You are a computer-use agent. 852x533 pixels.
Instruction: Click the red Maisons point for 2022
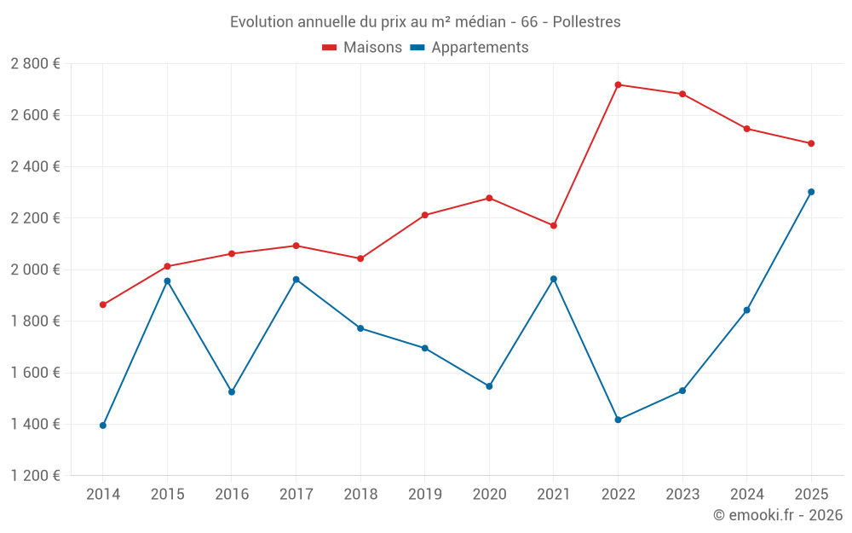pyautogui.click(x=618, y=84)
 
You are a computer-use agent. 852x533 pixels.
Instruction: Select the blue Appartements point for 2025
pyautogui.click(x=811, y=192)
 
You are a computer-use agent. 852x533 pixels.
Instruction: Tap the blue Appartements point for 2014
pyautogui.click(x=103, y=426)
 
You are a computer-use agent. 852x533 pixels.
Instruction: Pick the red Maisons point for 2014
pyautogui.click(x=103, y=304)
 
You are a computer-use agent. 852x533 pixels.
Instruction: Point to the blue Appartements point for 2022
pyautogui.click(x=618, y=420)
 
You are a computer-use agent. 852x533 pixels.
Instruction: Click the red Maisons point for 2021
pyautogui.click(x=554, y=226)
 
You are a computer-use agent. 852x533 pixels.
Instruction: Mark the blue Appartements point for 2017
pyautogui.click(x=296, y=280)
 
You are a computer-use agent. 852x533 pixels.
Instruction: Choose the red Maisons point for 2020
pyautogui.click(x=489, y=198)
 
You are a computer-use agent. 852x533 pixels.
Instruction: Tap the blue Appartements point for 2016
pyautogui.click(x=232, y=392)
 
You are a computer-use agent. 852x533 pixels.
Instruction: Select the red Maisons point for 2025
pyautogui.click(x=811, y=143)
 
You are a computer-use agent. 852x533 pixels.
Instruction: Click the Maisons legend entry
pyautogui.click(x=362, y=47)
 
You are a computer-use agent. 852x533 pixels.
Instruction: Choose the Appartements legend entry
pyautogui.click(x=469, y=47)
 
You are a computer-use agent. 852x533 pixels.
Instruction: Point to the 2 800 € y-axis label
pyautogui.click(x=35, y=64)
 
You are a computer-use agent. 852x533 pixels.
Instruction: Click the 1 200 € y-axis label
pyautogui.click(x=35, y=475)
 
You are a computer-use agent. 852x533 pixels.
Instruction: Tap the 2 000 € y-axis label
pyautogui.click(x=35, y=269)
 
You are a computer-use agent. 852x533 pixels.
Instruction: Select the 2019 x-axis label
pyautogui.click(x=425, y=494)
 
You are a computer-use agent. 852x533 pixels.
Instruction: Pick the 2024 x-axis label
pyautogui.click(x=746, y=494)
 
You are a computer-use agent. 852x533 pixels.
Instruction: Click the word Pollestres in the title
pyautogui.click(x=587, y=22)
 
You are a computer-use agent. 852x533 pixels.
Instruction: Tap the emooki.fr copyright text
pyautogui.click(x=778, y=514)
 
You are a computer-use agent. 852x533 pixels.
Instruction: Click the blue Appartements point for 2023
pyautogui.click(x=682, y=391)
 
